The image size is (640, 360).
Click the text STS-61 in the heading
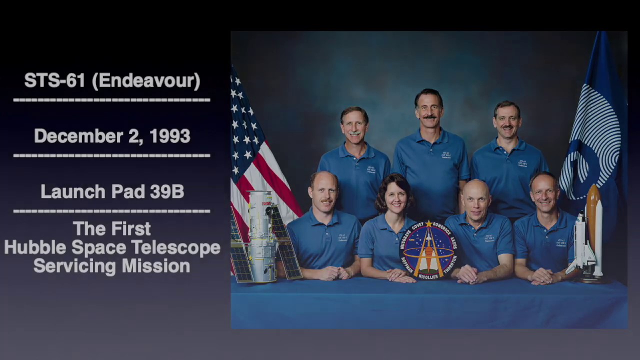tap(54, 80)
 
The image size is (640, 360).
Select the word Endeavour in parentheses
tap(146, 80)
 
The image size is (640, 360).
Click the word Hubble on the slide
tap(34, 247)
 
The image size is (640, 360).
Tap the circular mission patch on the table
tap(428, 250)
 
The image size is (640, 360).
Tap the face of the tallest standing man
tap(428, 111)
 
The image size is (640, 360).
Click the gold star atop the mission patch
tap(428, 223)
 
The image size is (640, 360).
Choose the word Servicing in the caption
tap(75, 266)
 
